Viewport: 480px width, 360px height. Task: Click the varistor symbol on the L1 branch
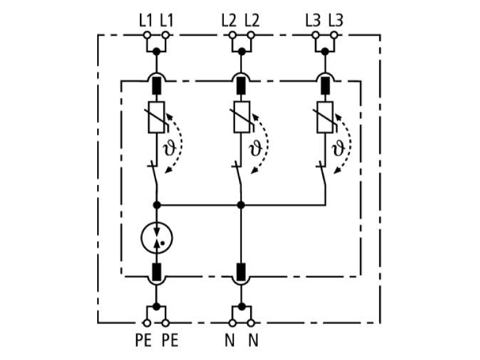pos(157,117)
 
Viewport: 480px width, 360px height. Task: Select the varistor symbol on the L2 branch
pos(242,117)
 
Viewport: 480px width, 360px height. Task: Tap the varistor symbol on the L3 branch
pos(325,117)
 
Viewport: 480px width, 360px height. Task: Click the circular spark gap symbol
pos(157,238)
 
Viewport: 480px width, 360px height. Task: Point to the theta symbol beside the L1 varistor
pos(170,148)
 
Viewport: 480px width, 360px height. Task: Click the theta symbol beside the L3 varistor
pos(338,148)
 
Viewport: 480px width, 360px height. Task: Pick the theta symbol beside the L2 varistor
pos(256,148)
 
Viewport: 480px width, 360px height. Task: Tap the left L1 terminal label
pos(146,21)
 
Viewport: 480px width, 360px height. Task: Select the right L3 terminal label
pos(336,21)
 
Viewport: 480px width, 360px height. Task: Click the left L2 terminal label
pos(229,21)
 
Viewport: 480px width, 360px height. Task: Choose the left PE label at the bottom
pos(143,340)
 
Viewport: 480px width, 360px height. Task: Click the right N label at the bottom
pos(253,340)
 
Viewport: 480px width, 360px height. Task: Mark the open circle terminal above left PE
pos(147,323)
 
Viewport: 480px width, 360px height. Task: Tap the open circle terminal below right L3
pos(334,35)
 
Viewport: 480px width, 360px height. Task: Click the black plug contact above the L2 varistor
pos(242,85)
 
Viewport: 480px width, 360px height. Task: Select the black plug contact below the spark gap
pos(157,272)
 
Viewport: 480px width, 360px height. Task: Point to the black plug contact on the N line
pos(242,272)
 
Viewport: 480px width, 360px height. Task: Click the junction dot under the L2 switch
pos(241,205)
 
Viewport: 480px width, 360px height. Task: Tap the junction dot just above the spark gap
pos(157,205)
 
